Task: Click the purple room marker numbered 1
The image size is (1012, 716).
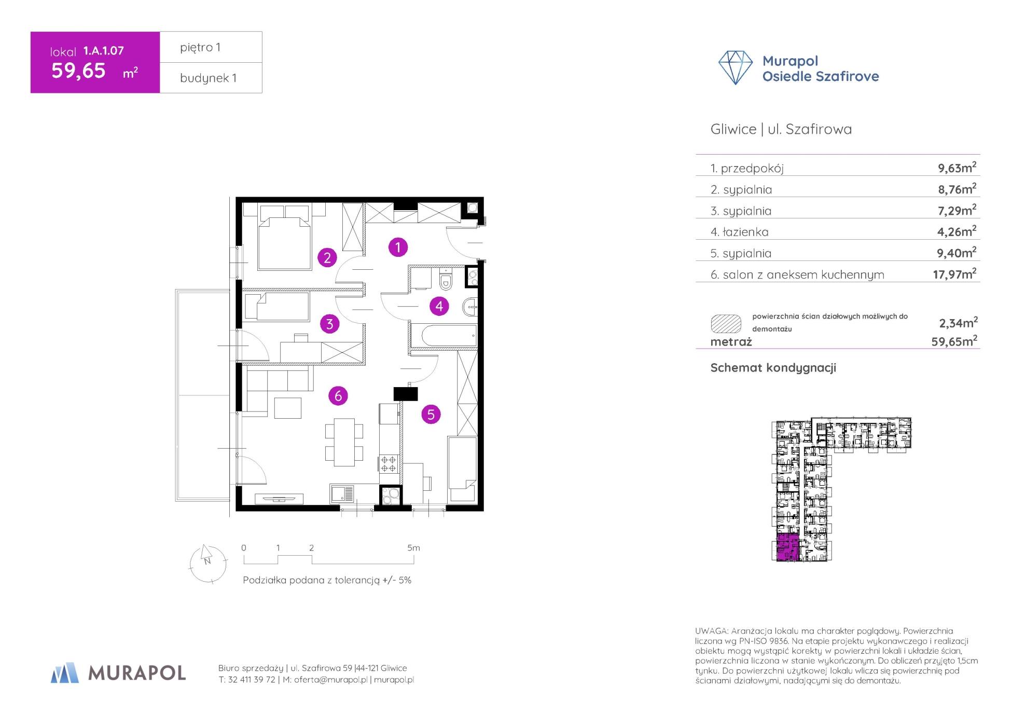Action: point(398,247)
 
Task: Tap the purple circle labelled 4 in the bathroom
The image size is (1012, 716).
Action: point(439,306)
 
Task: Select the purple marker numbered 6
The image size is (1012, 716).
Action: point(338,396)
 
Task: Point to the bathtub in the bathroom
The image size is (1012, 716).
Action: point(443,335)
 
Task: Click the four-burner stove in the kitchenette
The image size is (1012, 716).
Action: point(389,463)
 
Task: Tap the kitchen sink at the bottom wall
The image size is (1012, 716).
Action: point(342,493)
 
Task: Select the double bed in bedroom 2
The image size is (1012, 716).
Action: point(284,237)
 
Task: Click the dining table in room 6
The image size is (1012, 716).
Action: point(344,442)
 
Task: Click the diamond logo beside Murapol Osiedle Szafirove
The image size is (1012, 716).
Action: point(735,67)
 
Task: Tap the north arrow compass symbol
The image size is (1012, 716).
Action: point(207,563)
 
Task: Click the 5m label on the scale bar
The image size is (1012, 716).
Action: point(413,548)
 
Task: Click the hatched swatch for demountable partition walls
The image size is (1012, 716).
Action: point(726,323)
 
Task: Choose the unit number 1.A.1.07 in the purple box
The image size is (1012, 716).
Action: point(103,50)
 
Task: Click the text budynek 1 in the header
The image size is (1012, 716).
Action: point(208,78)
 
